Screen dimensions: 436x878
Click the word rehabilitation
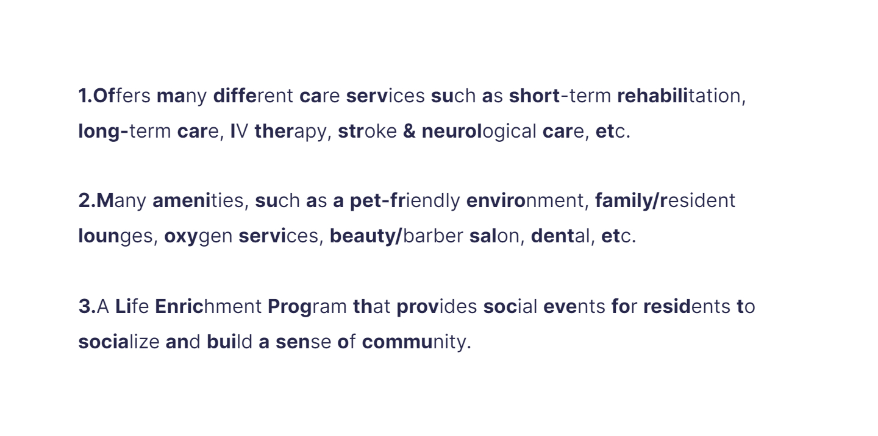pyautogui.click(x=681, y=96)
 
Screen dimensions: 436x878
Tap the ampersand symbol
pyautogui.click(x=409, y=132)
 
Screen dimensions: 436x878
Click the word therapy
pyautogui.click(x=293, y=132)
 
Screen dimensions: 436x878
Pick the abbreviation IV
pyautogui.click(x=239, y=132)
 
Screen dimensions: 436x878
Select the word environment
pyautogui.click(x=527, y=201)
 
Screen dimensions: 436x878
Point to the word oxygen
pyautogui.click(x=198, y=236)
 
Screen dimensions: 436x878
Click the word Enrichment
pyautogui.click(x=208, y=306)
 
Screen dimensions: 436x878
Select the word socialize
pyautogui.click(x=118, y=342)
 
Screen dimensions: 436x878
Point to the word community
pyautogui.click(x=416, y=342)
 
